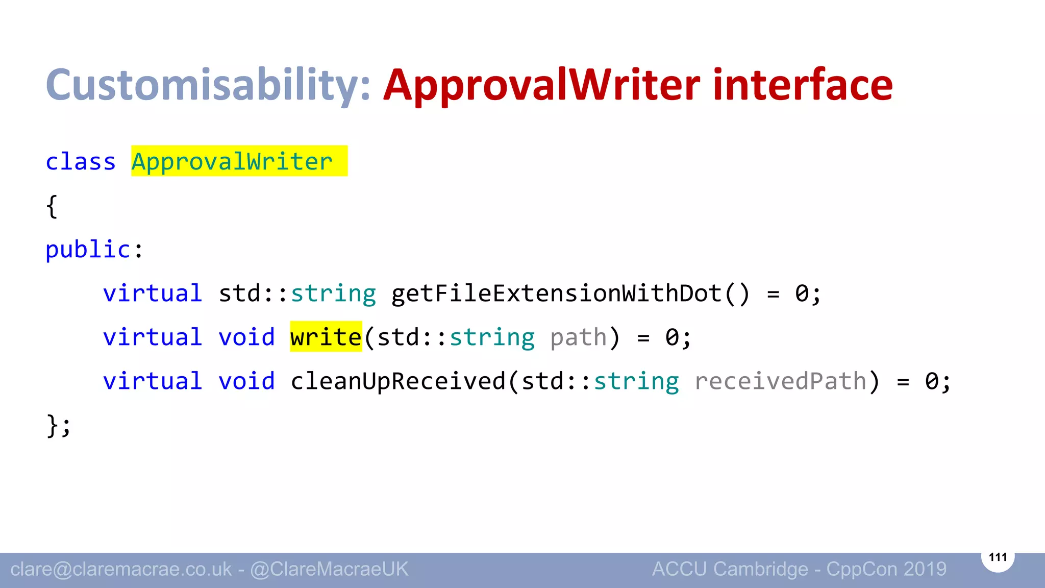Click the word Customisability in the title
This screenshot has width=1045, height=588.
[x=207, y=85]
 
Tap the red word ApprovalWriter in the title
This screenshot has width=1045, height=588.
[x=541, y=86]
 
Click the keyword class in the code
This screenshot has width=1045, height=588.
[x=81, y=162]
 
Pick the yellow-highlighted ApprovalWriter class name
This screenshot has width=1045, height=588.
[x=232, y=162]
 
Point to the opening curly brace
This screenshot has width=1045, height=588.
[x=52, y=206]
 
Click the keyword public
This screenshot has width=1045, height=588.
[x=88, y=250]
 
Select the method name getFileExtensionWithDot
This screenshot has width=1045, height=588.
[x=556, y=293]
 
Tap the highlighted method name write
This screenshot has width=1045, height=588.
[x=326, y=337]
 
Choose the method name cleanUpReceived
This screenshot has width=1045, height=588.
[x=398, y=381]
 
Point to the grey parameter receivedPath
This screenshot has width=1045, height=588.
[x=780, y=381]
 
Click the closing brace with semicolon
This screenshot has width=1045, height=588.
[x=58, y=425]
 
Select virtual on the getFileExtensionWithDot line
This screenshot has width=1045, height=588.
[x=153, y=293]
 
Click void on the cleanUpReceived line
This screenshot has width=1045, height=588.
[x=246, y=381]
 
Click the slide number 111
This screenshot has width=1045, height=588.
[x=998, y=557]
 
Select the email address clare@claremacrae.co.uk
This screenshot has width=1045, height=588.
[x=121, y=569]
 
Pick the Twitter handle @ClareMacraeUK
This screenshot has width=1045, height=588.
[x=329, y=569]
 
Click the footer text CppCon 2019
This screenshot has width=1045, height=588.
[x=886, y=569]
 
